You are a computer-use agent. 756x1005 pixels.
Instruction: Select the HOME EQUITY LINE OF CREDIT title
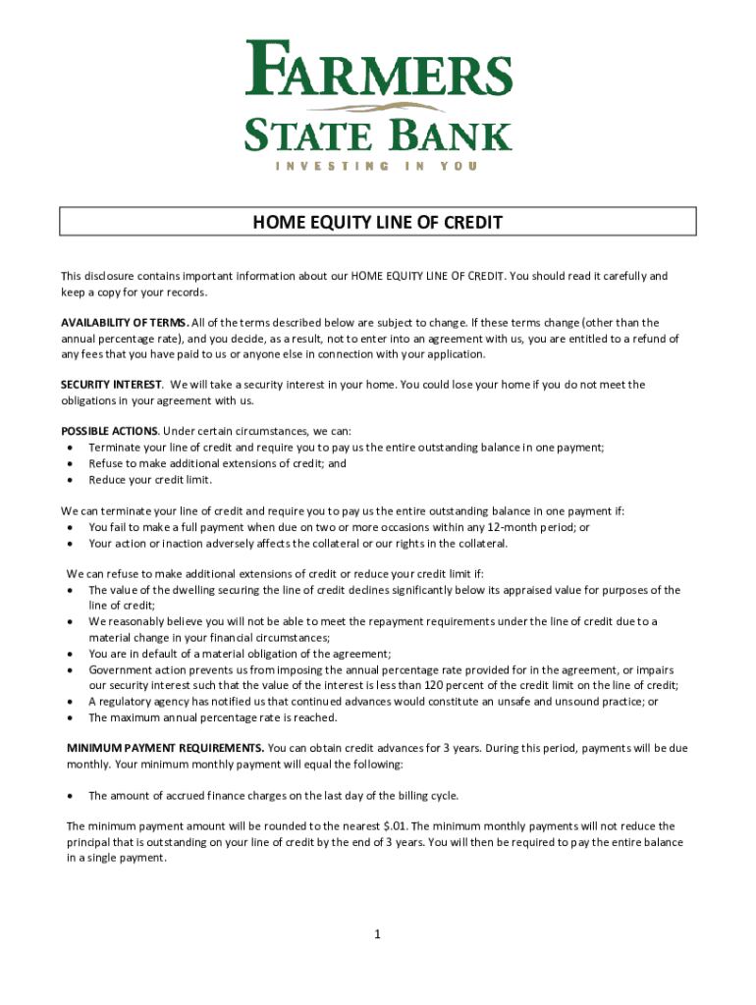pyautogui.click(x=378, y=223)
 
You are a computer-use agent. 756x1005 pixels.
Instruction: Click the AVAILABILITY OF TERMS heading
pyautogui.click(x=125, y=322)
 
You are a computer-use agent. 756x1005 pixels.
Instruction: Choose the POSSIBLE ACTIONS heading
pyautogui.click(x=109, y=432)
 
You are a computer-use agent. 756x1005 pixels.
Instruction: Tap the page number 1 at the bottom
pyautogui.click(x=377, y=934)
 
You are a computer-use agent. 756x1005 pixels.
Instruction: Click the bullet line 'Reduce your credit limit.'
pyautogui.click(x=150, y=480)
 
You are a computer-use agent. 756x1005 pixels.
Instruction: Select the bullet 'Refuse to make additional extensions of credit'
pyautogui.click(x=217, y=464)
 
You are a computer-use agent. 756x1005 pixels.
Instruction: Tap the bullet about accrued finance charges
pyautogui.click(x=274, y=795)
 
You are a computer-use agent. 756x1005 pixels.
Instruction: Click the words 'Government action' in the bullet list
pyautogui.click(x=132, y=669)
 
